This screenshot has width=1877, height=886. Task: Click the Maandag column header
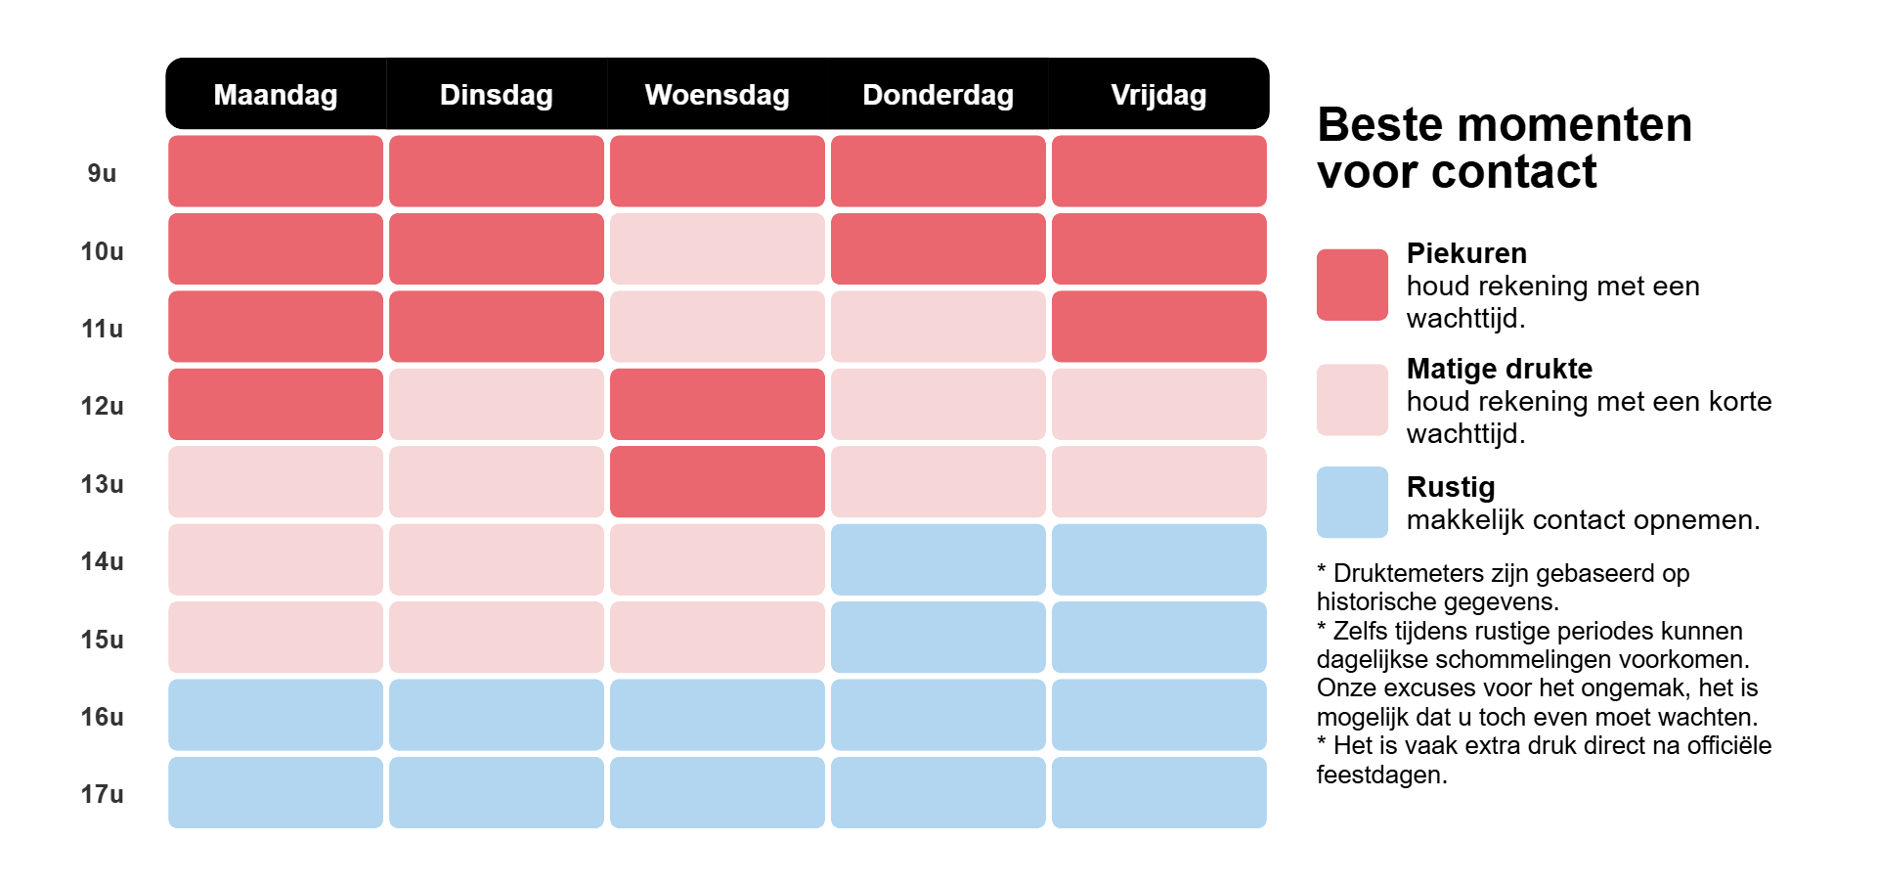coord(276,95)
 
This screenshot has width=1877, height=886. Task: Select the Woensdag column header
coord(717,95)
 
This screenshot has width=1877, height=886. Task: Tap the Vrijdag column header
coord(1158,95)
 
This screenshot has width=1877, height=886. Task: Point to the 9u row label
coord(102,173)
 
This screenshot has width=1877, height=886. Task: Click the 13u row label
coord(102,484)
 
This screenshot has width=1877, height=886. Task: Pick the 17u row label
coord(102,794)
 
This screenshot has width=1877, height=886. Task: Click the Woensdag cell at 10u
coord(717,249)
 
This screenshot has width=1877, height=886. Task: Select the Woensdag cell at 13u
coord(717,482)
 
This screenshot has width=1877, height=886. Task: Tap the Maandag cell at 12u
coord(276,404)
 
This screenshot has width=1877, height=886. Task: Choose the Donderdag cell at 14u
coord(938,559)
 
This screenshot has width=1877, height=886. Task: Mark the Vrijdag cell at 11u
coord(1158,327)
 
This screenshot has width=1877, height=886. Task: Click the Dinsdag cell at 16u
coord(497,715)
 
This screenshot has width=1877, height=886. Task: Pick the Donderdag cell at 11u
coord(938,327)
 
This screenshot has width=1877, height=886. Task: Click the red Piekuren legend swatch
coord(1352,285)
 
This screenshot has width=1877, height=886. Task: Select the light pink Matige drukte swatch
coord(1352,400)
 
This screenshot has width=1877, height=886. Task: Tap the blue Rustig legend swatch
coord(1352,502)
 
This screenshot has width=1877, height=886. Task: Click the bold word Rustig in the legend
coord(1450,487)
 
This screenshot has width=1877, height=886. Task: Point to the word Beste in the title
coord(1379,125)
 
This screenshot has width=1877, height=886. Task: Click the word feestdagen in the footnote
coord(1380,775)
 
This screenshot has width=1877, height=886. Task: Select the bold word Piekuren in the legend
coord(1465,253)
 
